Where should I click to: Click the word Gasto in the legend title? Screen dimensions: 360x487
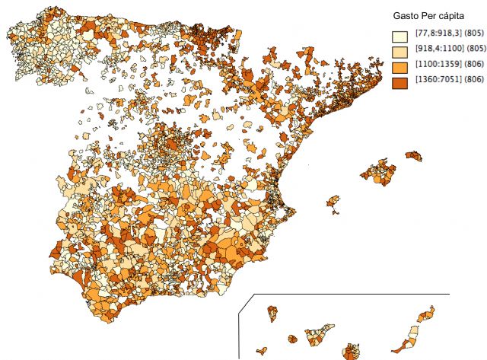405,15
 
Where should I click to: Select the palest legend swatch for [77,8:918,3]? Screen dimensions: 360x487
399,36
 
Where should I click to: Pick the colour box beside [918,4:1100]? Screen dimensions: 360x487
399,50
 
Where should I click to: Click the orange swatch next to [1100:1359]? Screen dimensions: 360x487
399,65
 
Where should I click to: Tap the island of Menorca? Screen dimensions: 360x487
413,156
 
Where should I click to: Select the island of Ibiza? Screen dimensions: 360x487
333,202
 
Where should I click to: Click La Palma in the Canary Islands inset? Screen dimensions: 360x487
272,312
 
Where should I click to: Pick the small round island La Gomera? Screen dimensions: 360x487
291,339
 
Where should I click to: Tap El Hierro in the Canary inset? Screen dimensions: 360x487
262,351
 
